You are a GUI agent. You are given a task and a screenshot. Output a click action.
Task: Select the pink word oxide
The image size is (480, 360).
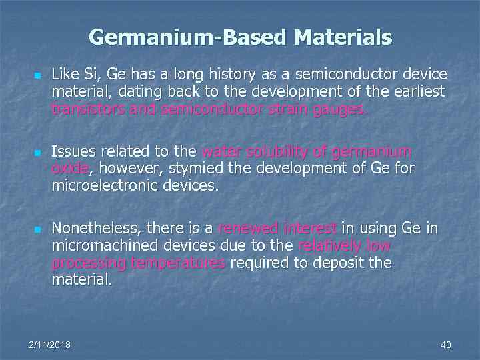69,169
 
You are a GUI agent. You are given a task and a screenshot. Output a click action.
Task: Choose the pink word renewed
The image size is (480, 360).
245,229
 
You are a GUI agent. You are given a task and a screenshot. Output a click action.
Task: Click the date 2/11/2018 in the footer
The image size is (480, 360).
50,345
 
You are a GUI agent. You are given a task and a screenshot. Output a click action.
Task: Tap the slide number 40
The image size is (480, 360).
446,345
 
